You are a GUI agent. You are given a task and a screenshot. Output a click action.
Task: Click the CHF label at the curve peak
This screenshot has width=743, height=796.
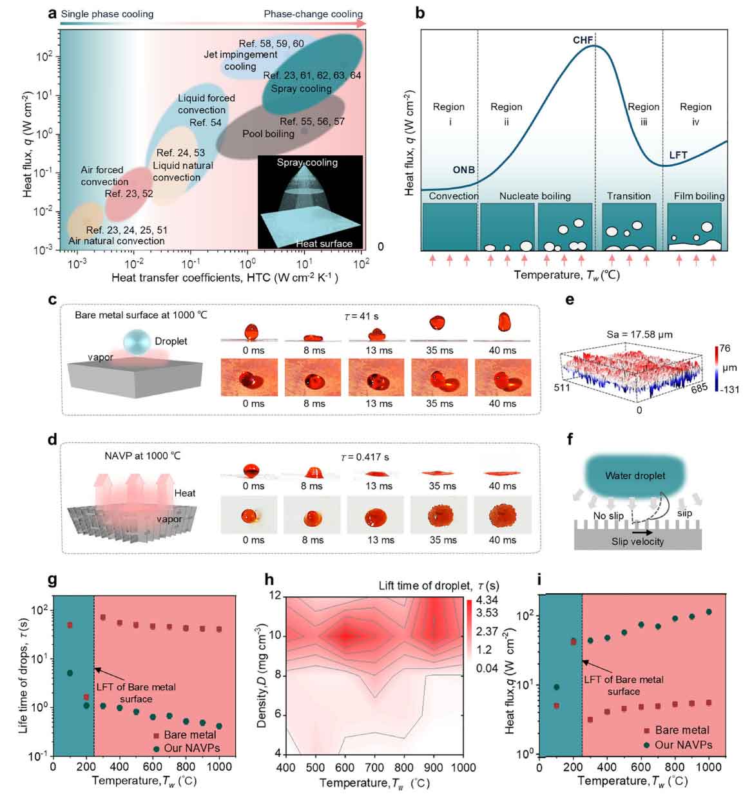coord(583,40)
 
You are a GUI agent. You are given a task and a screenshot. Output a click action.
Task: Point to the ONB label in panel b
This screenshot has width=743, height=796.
coord(463,170)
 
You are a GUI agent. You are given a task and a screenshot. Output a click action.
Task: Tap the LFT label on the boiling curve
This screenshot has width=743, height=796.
coord(678,155)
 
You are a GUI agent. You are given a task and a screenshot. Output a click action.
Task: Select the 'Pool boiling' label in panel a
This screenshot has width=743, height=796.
coord(268,134)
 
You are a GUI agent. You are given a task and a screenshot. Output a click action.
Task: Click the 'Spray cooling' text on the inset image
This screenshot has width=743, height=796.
coord(307,162)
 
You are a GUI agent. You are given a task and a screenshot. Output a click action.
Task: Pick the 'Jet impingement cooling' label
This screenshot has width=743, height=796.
coord(240,61)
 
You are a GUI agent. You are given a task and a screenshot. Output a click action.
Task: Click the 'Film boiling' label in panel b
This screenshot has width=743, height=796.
coord(699,196)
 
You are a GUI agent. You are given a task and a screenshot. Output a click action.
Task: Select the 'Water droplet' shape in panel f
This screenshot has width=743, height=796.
coord(635,475)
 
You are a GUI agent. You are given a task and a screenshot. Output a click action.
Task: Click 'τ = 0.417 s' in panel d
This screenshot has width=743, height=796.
coord(364,457)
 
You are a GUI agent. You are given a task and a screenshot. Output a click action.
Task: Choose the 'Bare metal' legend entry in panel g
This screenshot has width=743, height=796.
coord(183,735)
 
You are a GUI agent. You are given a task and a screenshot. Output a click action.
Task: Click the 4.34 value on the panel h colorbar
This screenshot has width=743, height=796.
coord(487,600)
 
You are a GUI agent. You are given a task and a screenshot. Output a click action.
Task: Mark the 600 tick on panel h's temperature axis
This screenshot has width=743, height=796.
coord(345,767)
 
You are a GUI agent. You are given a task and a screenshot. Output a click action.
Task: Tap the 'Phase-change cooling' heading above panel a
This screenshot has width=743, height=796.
coord(313,14)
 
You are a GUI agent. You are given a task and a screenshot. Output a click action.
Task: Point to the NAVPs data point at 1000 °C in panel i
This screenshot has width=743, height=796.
coord(709,612)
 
